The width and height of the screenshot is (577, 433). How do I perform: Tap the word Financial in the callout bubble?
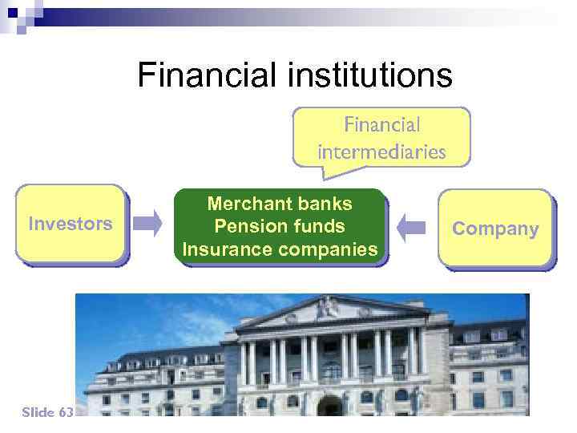coord(381,125)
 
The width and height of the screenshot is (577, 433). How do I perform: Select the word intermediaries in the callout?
coord(381,151)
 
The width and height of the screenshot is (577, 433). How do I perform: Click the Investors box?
coord(71,224)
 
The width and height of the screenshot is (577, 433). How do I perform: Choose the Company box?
coord(495,229)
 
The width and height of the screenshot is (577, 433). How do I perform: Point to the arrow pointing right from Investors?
coord(147,225)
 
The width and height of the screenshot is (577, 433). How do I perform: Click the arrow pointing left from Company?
coord(411,226)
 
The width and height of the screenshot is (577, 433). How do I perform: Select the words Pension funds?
coord(280,226)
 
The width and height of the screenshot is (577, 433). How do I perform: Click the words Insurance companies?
coord(280,249)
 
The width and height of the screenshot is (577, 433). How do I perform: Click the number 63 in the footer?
coord(66,412)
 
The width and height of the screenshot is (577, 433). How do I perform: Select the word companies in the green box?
coord(326,249)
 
